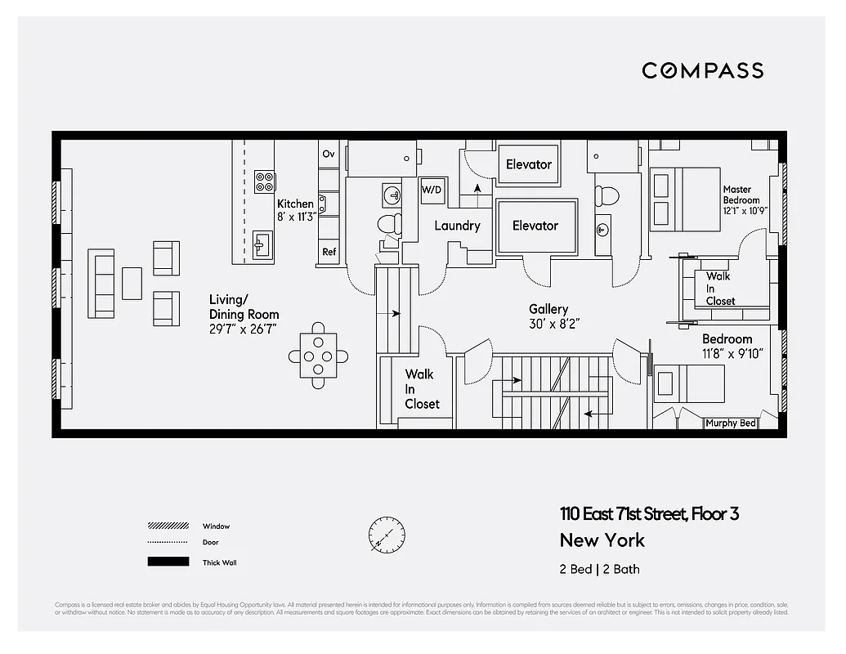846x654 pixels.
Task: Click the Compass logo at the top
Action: coord(702,70)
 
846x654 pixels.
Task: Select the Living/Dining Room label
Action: coord(244,314)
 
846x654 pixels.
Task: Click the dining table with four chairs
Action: coord(319,356)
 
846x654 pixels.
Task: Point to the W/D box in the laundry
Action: coord(431,190)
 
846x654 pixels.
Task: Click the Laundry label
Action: coord(457,226)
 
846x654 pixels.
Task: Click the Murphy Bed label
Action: coord(731,423)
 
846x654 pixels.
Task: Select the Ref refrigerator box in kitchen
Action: coord(329,253)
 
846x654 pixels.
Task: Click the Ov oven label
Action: coord(329,154)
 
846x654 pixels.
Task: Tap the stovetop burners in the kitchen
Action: coord(264,181)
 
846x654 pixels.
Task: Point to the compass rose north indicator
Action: coord(386,535)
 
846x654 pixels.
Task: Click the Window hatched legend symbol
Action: coord(157,526)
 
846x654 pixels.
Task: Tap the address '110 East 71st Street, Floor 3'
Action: coord(649,514)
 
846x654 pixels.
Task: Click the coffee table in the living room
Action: coord(132,283)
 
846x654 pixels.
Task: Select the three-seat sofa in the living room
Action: coord(102,285)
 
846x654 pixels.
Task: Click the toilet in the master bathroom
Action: coord(607,196)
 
